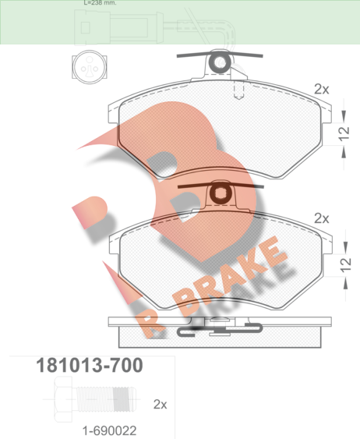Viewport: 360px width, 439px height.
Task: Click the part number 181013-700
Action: tap(90, 365)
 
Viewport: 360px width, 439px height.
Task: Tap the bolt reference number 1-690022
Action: tap(109, 430)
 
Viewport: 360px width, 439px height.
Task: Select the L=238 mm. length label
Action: tap(100, 3)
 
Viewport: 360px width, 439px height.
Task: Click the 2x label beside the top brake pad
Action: tap(322, 90)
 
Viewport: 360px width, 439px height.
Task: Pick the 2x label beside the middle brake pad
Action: tap(322, 218)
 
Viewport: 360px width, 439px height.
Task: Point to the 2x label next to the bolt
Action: tap(160, 404)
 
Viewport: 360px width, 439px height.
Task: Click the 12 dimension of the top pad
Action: tap(344, 133)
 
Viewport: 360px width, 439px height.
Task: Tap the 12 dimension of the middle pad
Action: tap(346, 264)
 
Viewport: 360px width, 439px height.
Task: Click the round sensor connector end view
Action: tap(90, 67)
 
